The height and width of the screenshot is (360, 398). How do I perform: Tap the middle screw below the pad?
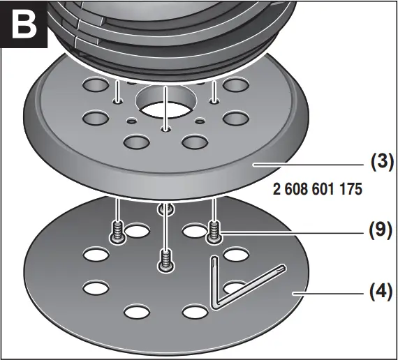click(165, 260)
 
